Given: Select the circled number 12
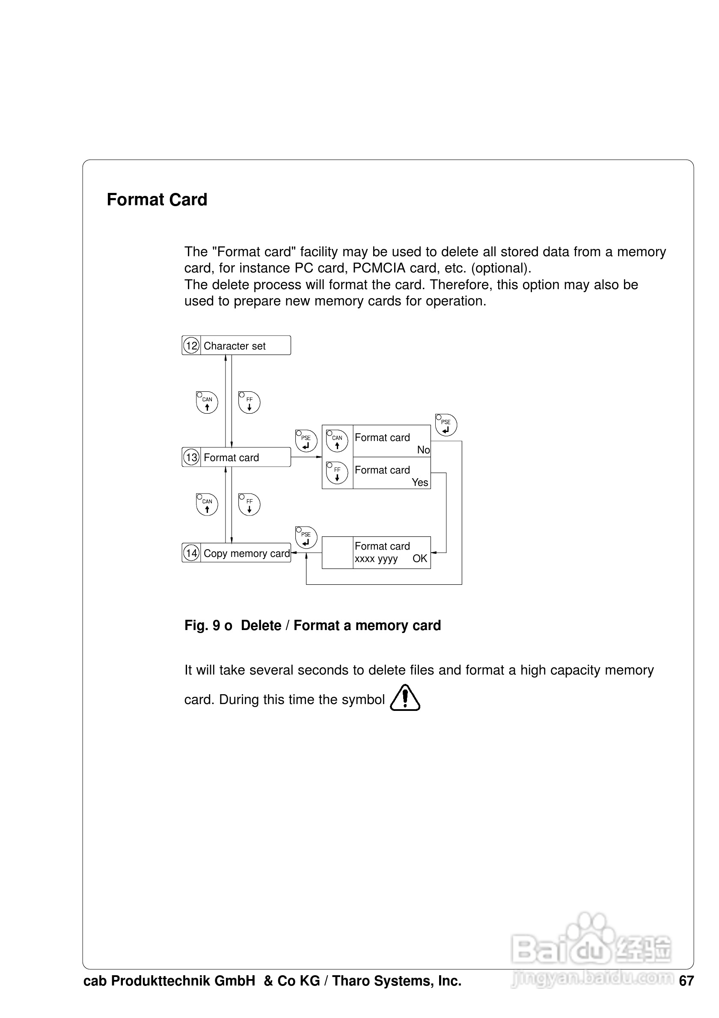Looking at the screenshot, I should (191, 346).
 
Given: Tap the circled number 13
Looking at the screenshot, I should (191, 457).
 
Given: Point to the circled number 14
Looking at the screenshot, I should (191, 553).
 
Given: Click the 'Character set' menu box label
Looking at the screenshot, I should (234, 346).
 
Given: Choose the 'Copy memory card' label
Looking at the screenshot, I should (246, 553).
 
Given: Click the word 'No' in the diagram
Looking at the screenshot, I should (423, 450).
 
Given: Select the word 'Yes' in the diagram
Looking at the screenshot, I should (419, 482).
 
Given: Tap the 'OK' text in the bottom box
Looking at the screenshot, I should (419, 559).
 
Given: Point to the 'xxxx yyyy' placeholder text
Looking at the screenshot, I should (376, 559).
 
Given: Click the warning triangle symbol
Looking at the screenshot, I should (405, 698).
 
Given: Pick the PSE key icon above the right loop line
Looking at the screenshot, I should (446, 425).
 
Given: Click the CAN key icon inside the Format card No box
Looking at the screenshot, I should (337, 441).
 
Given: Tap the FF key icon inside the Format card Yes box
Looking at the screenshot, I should (337, 473).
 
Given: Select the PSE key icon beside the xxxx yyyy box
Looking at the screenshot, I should (306, 537).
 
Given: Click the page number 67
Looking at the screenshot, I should (686, 981).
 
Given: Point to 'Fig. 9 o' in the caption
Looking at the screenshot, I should (208, 626).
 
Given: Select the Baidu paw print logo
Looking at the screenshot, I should (589, 944).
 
